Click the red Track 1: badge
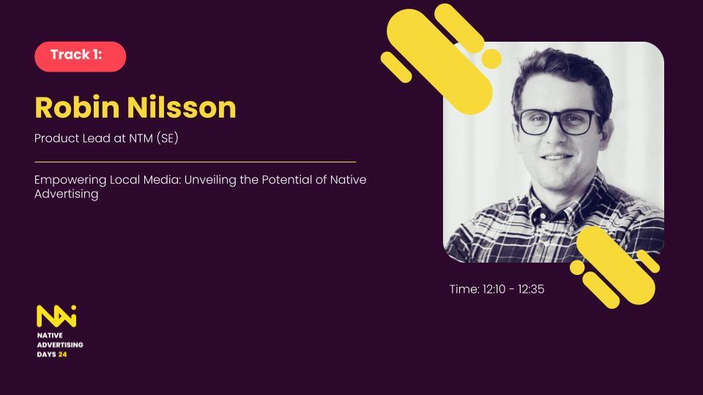(x=81, y=56)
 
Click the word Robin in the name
(x=77, y=107)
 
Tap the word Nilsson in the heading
(x=181, y=107)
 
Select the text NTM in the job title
(x=141, y=138)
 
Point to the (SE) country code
(x=167, y=138)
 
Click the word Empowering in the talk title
(x=70, y=180)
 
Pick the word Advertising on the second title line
(x=67, y=194)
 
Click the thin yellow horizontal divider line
(x=196, y=162)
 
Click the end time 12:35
(x=532, y=290)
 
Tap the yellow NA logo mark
(x=56, y=316)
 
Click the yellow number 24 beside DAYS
(x=62, y=354)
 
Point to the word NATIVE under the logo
(x=50, y=336)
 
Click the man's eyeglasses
(x=559, y=122)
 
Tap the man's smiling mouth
(x=557, y=157)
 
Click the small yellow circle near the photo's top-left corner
(x=491, y=59)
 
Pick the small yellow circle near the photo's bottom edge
(x=577, y=268)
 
